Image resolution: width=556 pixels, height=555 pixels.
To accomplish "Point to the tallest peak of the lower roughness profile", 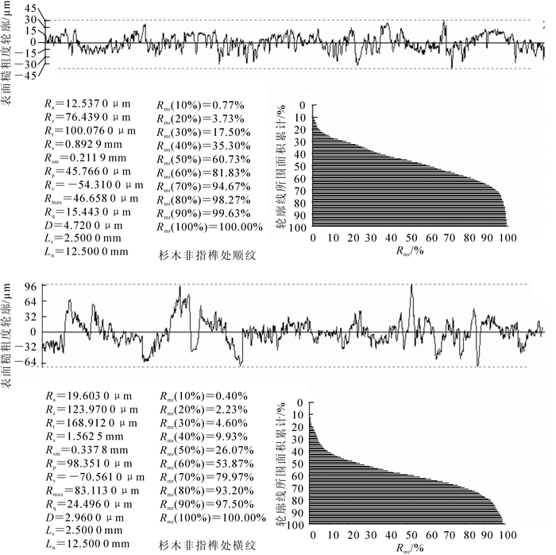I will tap(411, 286).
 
